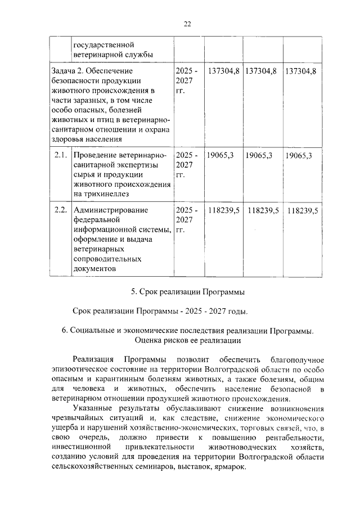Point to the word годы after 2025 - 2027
click(235, 311)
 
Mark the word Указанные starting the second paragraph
click(90, 409)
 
